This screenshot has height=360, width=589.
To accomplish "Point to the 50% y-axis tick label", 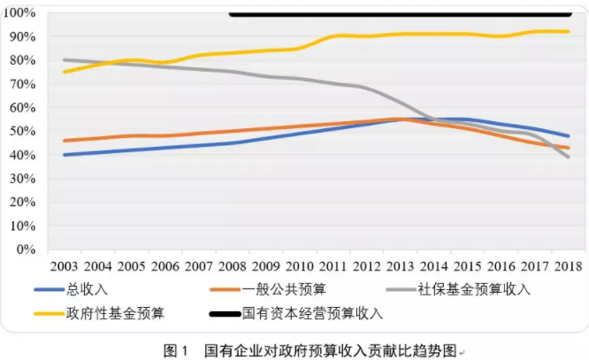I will point(21,132).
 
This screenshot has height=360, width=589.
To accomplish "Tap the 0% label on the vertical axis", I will point(25,249).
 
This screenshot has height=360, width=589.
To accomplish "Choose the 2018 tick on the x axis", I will point(567,266).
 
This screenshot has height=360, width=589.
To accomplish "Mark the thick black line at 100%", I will point(398,14).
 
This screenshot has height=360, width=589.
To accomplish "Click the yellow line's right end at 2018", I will point(567,32).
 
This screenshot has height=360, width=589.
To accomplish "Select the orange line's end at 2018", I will point(567,148).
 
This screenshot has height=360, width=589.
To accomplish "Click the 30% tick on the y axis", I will point(21,179).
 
